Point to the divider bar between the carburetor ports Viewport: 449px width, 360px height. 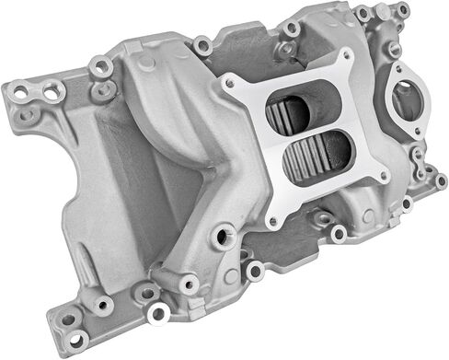click(x=298, y=134)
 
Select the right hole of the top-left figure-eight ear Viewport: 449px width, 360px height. click(x=52, y=88)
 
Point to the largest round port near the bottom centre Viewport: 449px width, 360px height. click(x=221, y=238)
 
